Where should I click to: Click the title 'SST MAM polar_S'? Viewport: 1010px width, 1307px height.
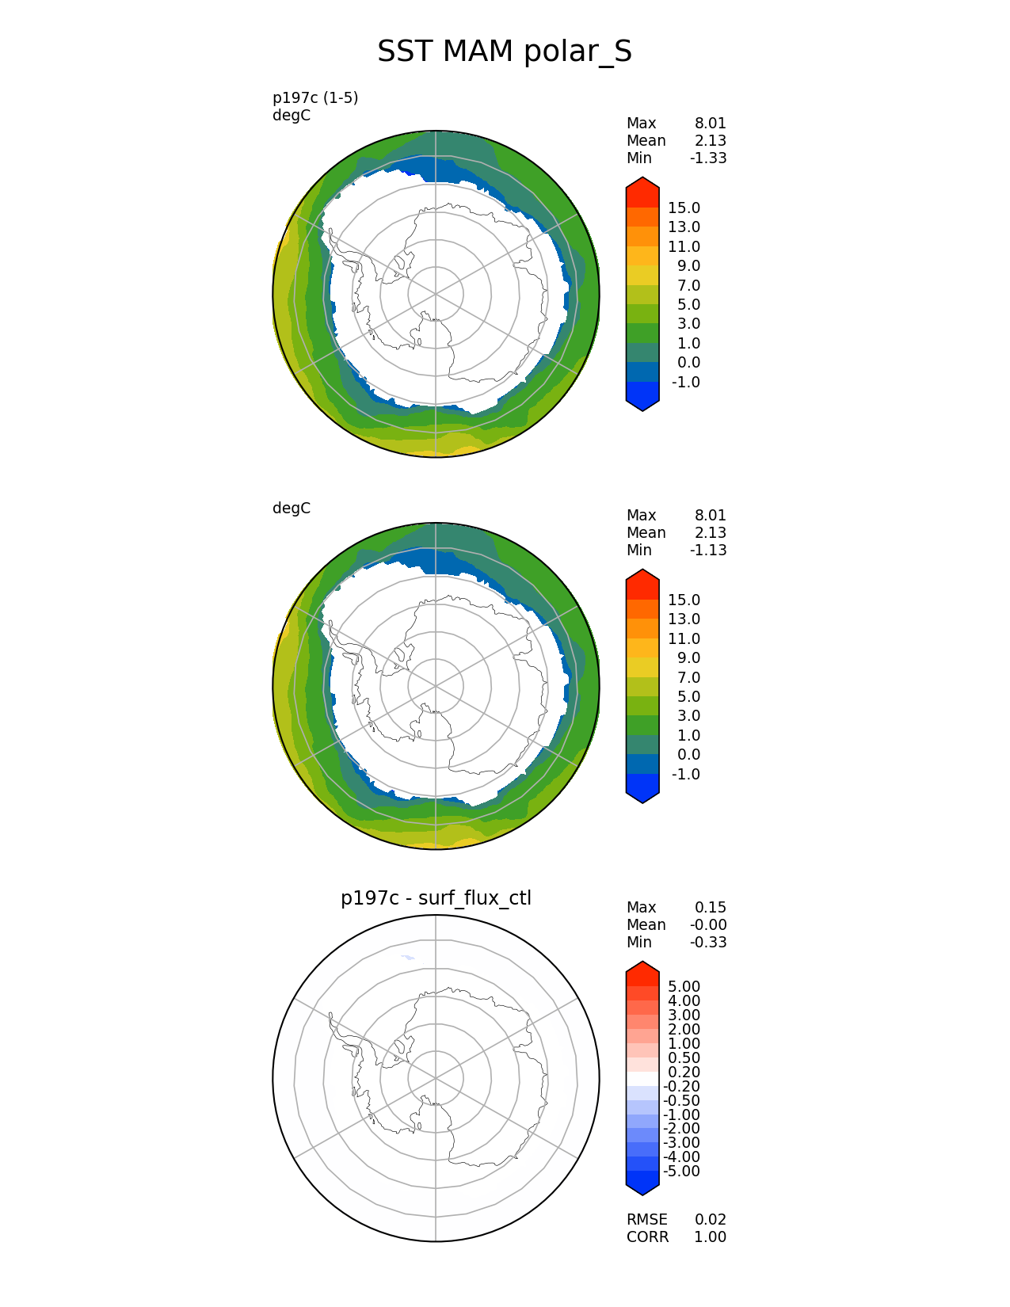pyautogui.click(x=504, y=51)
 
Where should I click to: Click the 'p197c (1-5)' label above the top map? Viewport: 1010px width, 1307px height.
pyautogui.click(x=315, y=97)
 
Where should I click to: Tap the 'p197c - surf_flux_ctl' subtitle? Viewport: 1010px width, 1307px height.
pyautogui.click(x=436, y=898)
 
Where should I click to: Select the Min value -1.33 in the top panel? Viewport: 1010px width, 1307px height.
pyautogui.click(x=708, y=158)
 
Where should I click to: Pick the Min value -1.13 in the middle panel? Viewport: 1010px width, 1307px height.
pyautogui.click(x=708, y=551)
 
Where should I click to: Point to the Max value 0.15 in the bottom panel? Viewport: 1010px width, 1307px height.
pyautogui.click(x=711, y=908)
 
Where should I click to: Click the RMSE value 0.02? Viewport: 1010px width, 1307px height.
pyautogui.click(x=711, y=1220)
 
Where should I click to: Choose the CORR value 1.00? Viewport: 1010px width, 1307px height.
pyautogui.click(x=711, y=1237)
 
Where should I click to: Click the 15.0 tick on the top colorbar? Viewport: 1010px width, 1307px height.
pyautogui.click(x=684, y=208)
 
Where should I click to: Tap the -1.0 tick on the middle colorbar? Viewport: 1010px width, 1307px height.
pyautogui.click(x=686, y=775)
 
